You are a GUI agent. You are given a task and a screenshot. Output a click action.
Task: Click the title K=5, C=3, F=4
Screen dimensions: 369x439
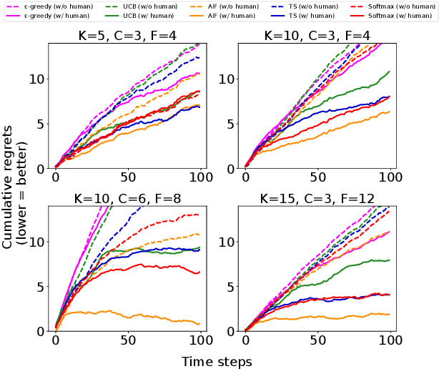pos(128,36)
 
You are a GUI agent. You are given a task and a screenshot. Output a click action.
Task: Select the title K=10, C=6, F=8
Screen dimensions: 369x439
pos(128,197)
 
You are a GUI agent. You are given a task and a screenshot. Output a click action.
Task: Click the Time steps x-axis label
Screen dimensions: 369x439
pos(217,361)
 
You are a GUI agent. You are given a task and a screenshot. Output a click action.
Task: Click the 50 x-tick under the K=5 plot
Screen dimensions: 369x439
pos(128,176)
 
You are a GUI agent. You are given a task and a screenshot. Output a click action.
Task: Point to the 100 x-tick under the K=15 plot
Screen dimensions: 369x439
pos(390,338)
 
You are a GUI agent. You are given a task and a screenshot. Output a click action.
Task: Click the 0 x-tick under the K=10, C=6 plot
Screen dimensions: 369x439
pos(56,338)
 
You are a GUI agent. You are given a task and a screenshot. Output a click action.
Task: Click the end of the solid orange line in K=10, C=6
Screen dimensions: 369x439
pos(199,323)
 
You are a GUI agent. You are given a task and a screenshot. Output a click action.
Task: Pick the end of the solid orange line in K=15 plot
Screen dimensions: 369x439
pos(389,314)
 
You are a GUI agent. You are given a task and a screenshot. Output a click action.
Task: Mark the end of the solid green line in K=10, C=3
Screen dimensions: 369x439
pos(389,72)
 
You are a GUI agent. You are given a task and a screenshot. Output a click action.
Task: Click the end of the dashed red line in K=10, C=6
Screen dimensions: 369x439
pos(199,215)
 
